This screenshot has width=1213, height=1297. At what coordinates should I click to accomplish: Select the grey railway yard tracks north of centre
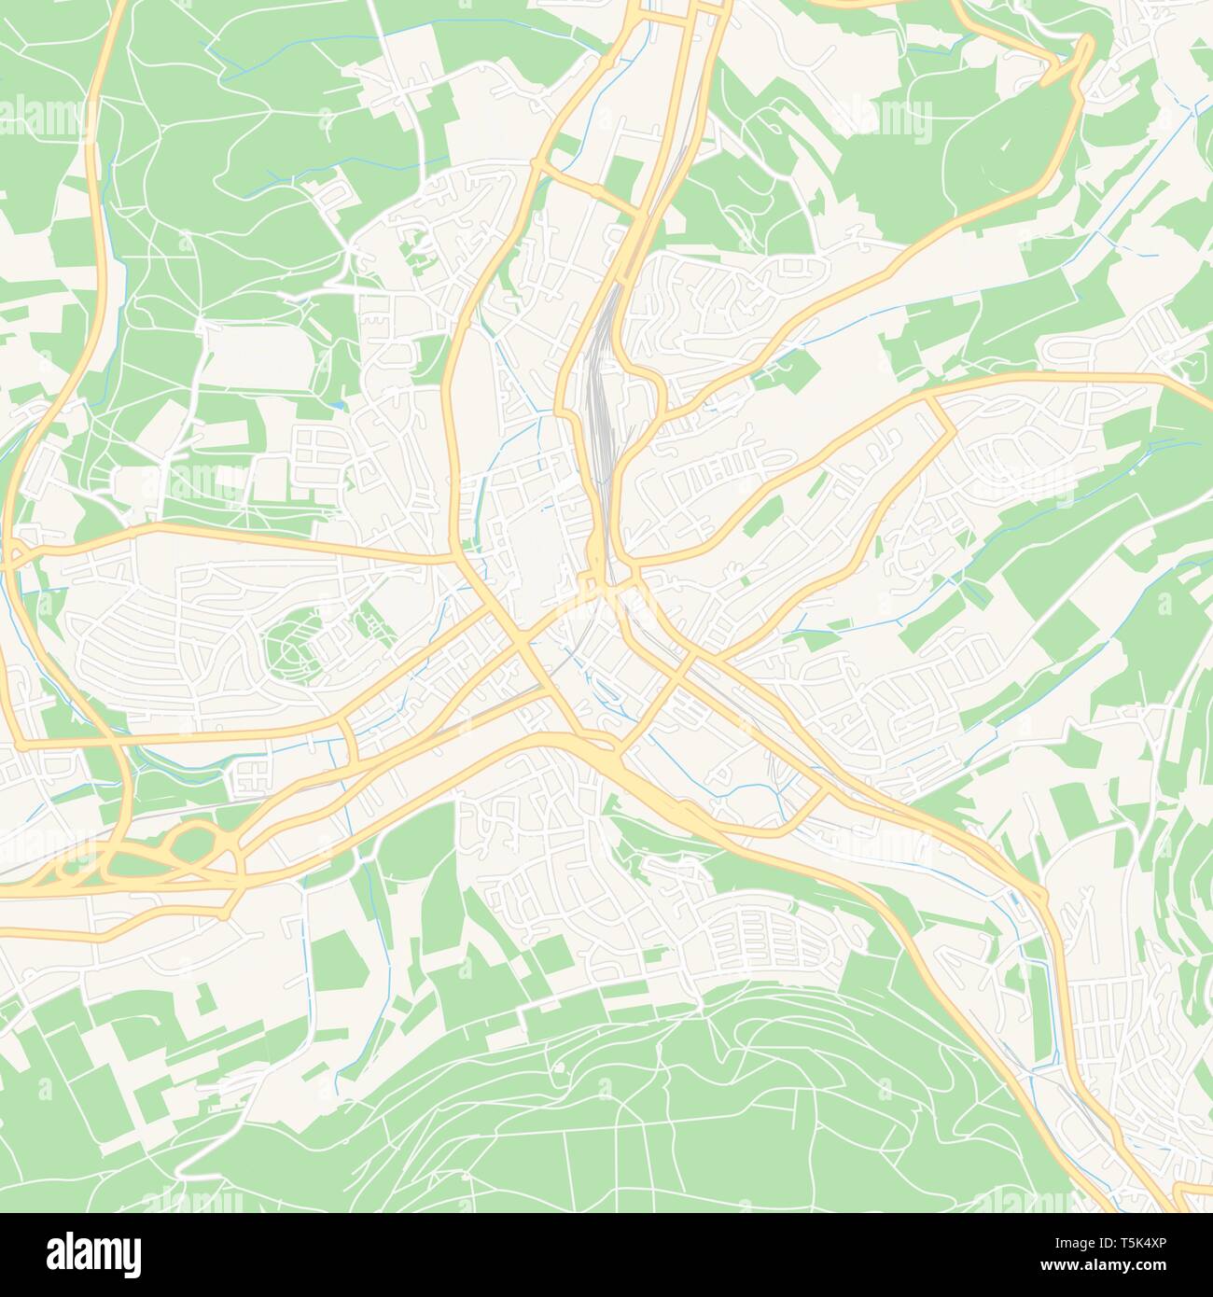tap(601, 392)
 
